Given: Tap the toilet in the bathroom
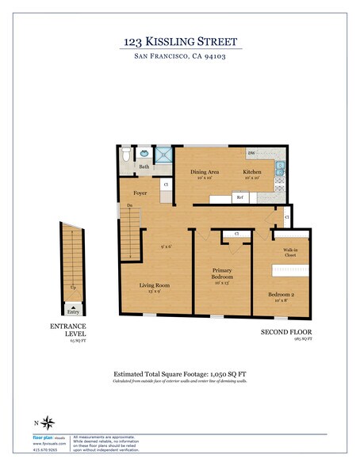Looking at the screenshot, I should point(126,155).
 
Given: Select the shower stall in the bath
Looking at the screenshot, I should point(163,155).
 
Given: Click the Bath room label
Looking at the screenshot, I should point(144,167).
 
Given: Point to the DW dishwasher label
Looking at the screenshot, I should point(251,153).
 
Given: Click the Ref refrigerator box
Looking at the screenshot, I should point(239,197).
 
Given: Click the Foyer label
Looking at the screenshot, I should point(140,193).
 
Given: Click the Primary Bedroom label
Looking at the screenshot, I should point(222,274).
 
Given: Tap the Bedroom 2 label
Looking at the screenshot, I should point(283,296).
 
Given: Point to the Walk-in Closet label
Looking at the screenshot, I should point(290,253).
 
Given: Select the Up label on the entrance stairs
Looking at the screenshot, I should point(73,286).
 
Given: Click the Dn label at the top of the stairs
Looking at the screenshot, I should point(128,206).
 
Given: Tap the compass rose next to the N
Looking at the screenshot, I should point(50,422).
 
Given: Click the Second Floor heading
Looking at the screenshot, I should point(286,331).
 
